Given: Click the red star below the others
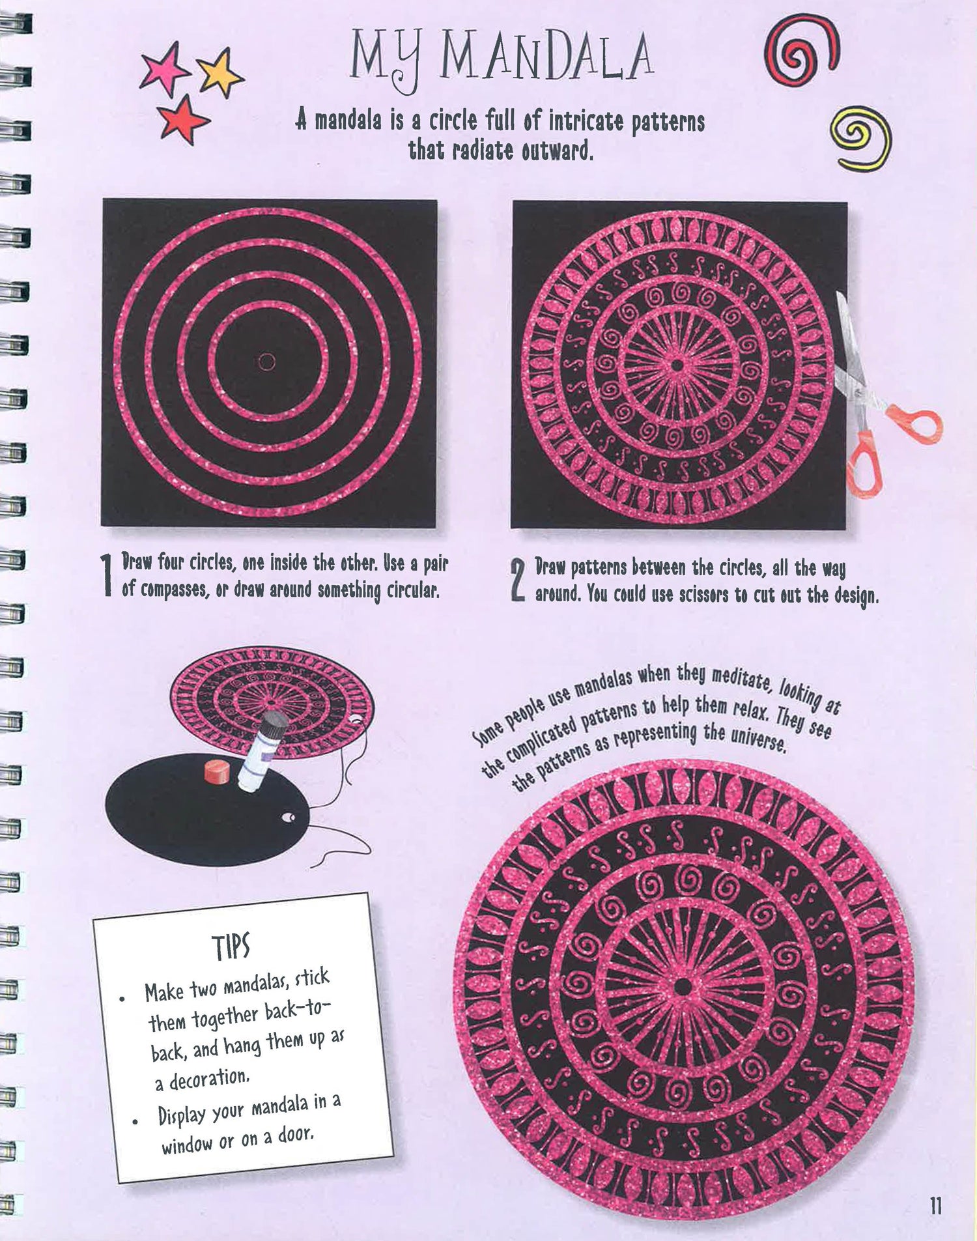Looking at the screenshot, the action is click(184, 119).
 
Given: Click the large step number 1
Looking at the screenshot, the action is click(108, 575).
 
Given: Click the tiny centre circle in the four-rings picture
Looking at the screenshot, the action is click(266, 362).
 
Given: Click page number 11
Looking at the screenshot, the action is click(936, 1206).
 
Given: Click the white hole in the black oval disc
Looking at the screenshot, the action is click(289, 817).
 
